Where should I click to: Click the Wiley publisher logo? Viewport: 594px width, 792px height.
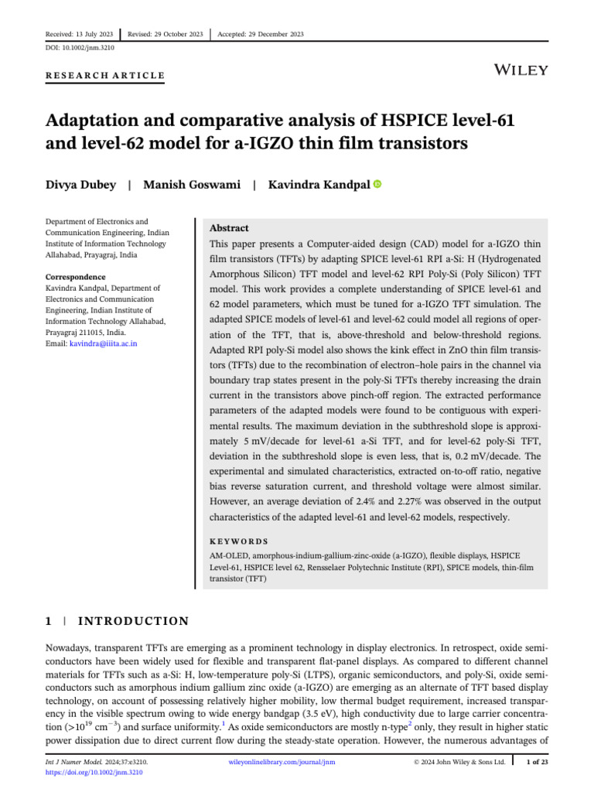(521, 70)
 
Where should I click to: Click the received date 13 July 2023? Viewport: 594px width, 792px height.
(80, 34)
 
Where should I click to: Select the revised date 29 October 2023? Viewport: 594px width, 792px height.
(166, 34)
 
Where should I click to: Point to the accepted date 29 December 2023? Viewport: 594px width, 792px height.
(261, 34)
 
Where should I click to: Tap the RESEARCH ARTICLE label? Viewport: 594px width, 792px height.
(106, 76)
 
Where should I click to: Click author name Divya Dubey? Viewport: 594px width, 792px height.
(81, 185)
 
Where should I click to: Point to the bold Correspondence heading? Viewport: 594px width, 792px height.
(75, 276)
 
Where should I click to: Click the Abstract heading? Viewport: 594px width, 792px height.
(230, 229)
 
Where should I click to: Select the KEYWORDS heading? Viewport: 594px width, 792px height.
(239, 542)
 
